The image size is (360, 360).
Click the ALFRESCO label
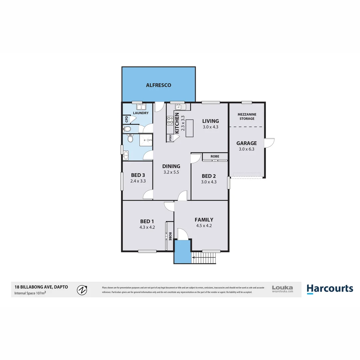click(159, 85)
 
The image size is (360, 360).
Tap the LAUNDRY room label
click(141, 113)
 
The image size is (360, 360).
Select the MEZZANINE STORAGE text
click(246, 116)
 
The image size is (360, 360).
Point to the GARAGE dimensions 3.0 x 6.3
click(247, 149)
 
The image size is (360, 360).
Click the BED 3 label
click(138, 175)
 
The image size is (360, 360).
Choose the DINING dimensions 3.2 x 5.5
click(171, 172)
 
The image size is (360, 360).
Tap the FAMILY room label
click(204, 220)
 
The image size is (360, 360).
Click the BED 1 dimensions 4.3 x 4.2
click(147, 227)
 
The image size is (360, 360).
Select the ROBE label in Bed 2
click(215, 156)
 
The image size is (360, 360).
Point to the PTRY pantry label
click(170, 137)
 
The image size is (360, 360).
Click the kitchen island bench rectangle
click(190, 128)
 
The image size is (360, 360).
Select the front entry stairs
click(204, 258)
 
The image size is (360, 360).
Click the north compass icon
click(82, 290)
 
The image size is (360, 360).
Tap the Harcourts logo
click(330, 289)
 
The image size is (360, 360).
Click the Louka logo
click(282, 289)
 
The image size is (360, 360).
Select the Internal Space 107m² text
click(30, 293)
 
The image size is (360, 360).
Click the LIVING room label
click(210, 121)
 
